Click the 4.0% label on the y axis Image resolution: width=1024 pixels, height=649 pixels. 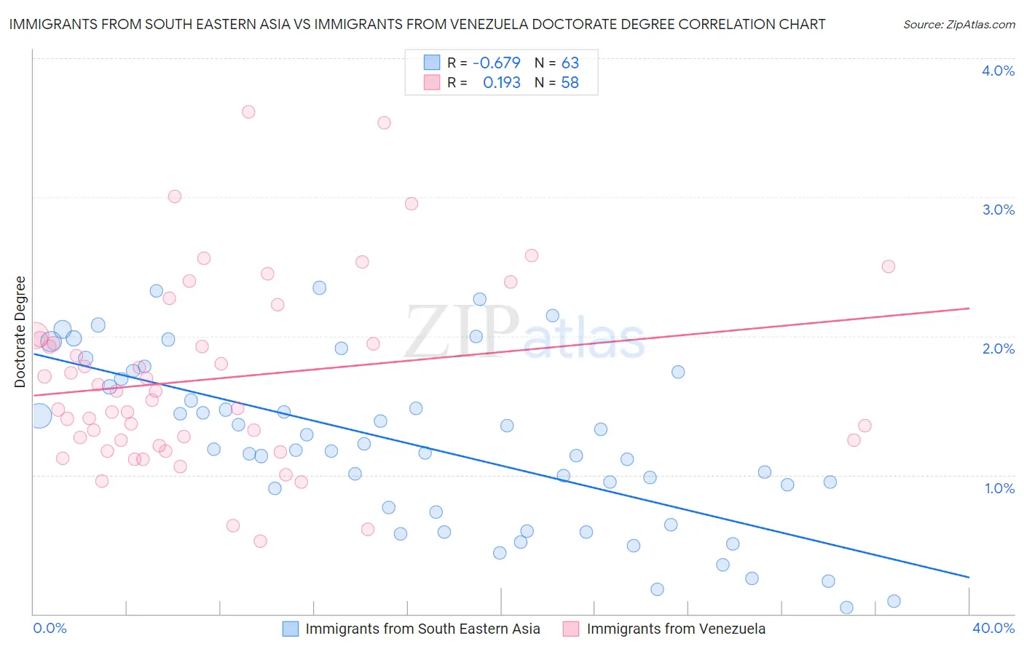pos(998,71)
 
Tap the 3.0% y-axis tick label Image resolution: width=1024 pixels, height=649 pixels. pos(998,210)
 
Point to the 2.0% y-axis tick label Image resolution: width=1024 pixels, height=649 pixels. pos(998,349)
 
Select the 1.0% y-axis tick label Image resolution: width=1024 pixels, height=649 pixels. pos(999,488)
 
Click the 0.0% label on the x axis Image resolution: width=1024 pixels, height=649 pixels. pos(50,628)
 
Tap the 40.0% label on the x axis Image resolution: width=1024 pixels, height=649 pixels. pos(993,628)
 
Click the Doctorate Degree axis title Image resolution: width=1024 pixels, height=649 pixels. pos(20,332)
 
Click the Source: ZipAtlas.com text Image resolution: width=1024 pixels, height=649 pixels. pos(958,25)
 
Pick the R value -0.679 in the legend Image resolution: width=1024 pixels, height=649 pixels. pos(496,63)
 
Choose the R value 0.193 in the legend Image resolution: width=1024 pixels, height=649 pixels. pos(501,83)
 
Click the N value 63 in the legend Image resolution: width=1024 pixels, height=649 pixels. pos(570,63)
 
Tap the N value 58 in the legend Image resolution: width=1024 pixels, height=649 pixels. pos(570,83)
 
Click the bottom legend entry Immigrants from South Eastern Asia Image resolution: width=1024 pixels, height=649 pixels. pos(422,629)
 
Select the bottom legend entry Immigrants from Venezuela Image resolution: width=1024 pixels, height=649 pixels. pos(675,629)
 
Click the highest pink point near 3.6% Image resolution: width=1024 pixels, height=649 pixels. pos(248,112)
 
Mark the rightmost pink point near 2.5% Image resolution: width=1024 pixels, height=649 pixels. pos(888,266)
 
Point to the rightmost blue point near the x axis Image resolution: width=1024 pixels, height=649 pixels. pos(894,601)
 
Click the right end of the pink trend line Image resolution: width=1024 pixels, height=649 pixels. pos(969,308)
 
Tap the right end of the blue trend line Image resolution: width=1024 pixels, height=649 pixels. pos(969,577)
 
